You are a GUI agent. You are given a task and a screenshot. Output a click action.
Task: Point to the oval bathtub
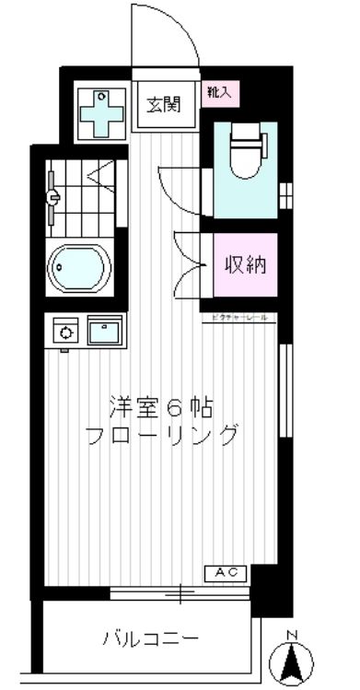(x=78, y=268)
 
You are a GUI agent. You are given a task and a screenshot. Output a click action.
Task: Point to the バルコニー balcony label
(x=150, y=637)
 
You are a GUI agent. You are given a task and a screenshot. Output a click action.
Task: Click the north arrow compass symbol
(x=293, y=661)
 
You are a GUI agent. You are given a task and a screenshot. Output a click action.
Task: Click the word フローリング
(x=162, y=434)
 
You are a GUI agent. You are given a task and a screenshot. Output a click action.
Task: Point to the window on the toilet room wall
(x=285, y=195)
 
